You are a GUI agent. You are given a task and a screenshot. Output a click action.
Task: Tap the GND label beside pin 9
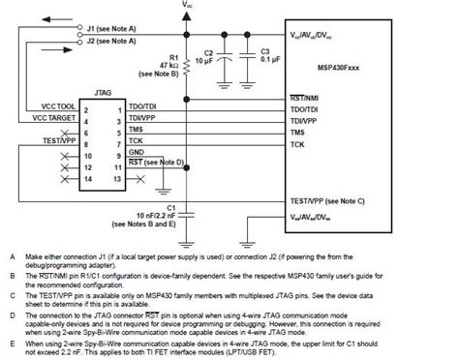tap(138, 153)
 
